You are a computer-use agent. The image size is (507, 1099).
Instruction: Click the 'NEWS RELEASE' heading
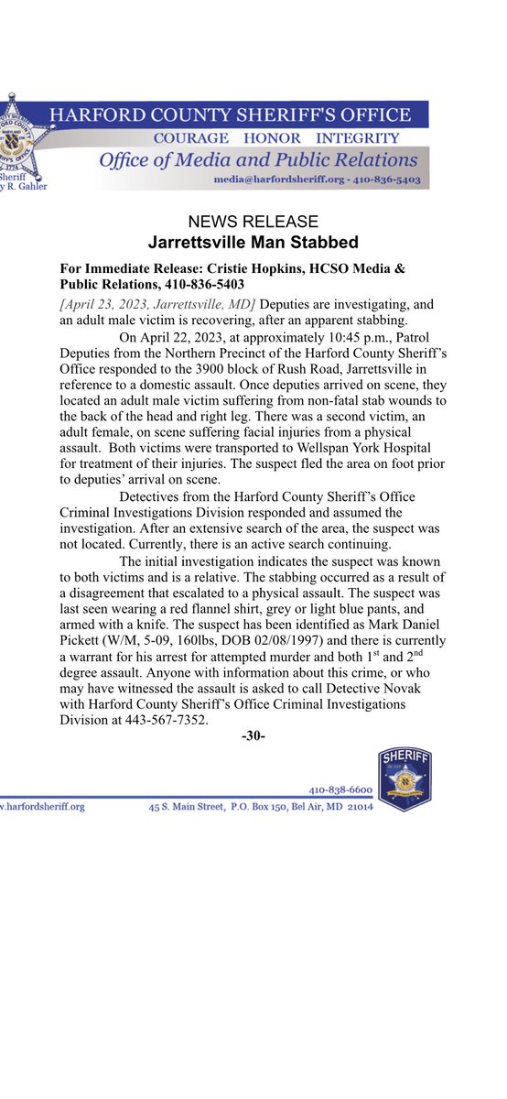pyautogui.click(x=253, y=223)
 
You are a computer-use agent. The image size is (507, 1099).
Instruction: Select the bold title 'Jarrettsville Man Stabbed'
pyautogui.click(x=253, y=243)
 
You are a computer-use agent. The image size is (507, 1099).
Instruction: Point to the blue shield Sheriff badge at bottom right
pyautogui.click(x=404, y=778)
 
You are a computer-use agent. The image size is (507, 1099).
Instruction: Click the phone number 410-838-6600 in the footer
pyautogui.click(x=339, y=789)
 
